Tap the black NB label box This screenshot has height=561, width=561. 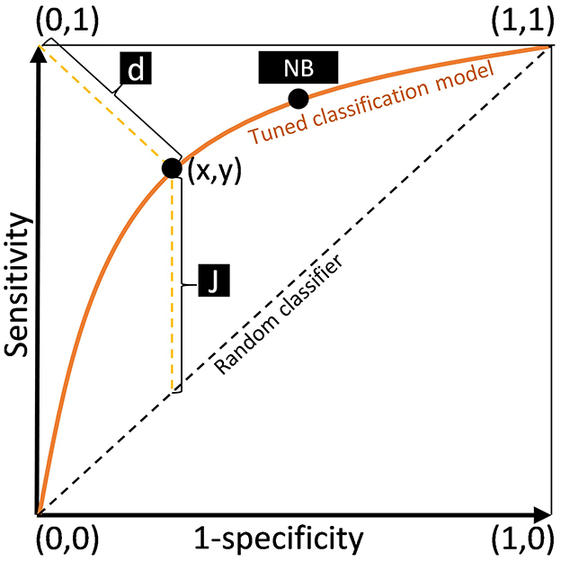pos(298,67)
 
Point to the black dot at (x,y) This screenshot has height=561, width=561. pos(171,167)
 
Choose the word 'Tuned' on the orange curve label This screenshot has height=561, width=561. pos(270,134)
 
